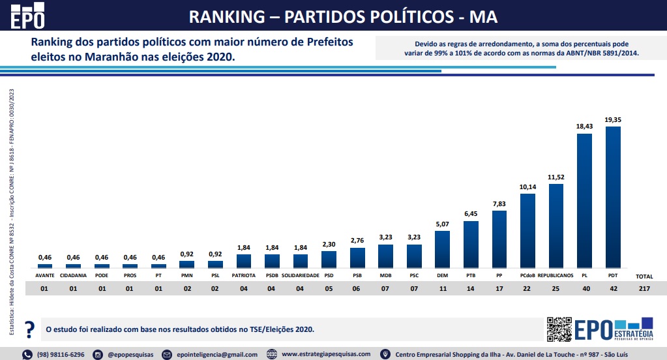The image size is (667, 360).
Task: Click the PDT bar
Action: pos(613,197)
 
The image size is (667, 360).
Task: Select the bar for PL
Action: pos(584,201)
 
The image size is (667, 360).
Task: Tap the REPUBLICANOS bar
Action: pos(556,226)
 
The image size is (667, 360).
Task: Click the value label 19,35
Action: pos(613,120)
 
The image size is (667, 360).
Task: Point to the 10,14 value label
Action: pos(527,187)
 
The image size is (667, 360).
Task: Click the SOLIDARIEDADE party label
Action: pos(300,276)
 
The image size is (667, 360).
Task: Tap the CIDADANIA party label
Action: pos(73,276)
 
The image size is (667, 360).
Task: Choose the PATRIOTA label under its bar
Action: pos(243,276)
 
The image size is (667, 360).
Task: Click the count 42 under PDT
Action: pos(613,288)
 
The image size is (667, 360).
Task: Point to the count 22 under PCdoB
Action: pos(527,288)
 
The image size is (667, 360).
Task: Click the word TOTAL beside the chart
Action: pos(644,277)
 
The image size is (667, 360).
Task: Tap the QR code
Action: pos(559,329)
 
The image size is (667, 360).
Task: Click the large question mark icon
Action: pos(29,329)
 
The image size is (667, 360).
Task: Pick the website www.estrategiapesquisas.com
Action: pos(326,354)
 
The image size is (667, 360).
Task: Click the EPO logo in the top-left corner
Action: pos(29,16)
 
